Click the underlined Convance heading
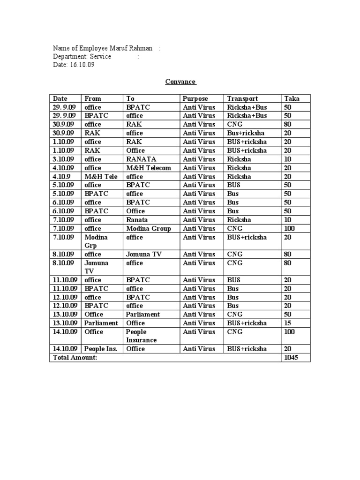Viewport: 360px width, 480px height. point(180,82)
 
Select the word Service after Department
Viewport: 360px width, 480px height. point(101,57)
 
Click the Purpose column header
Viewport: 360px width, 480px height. point(195,98)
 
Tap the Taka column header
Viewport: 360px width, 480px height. point(292,98)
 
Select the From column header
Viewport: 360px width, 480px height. point(92,98)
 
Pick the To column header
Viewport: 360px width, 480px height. point(130,98)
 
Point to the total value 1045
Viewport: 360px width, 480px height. point(291,358)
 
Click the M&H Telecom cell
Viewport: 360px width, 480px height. point(149,168)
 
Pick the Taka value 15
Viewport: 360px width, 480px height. point(287,323)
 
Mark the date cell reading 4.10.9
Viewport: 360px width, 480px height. point(61,177)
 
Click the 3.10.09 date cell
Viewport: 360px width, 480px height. point(63,159)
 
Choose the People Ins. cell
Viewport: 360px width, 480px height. point(101,349)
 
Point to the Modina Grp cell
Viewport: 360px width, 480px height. point(96,241)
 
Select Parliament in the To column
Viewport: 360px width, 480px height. point(143,315)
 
